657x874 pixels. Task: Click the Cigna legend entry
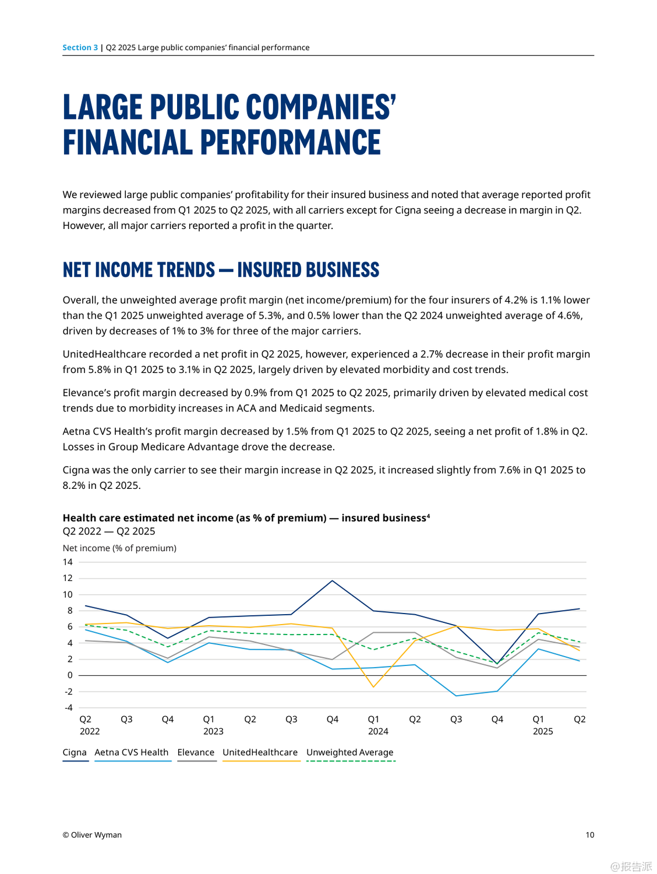click(75, 752)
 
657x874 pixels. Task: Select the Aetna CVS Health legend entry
click(132, 752)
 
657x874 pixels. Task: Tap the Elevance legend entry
click(196, 752)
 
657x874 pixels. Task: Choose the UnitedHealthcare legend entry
click(260, 752)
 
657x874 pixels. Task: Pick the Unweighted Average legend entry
click(349, 752)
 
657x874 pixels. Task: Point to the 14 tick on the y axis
click(68, 562)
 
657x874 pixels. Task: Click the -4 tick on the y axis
click(68, 708)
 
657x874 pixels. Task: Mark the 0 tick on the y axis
click(70, 675)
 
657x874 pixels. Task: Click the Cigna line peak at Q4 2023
click(333, 580)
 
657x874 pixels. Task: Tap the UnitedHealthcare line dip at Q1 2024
click(373, 687)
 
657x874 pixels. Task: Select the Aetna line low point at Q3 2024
click(456, 696)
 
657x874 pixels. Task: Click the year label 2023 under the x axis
click(213, 731)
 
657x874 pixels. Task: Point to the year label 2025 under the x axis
click(543, 731)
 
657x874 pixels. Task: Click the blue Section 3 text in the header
click(80, 48)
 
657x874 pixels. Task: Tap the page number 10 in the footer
click(590, 835)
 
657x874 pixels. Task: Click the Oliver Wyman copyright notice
click(92, 835)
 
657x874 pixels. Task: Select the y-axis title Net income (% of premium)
click(119, 548)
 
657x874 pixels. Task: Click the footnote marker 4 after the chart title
click(428, 516)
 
